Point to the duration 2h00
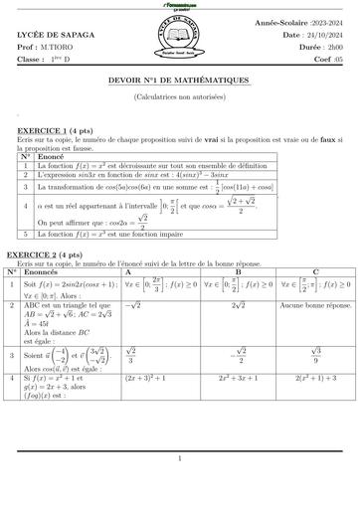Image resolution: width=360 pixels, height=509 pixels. tap(326, 47)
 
